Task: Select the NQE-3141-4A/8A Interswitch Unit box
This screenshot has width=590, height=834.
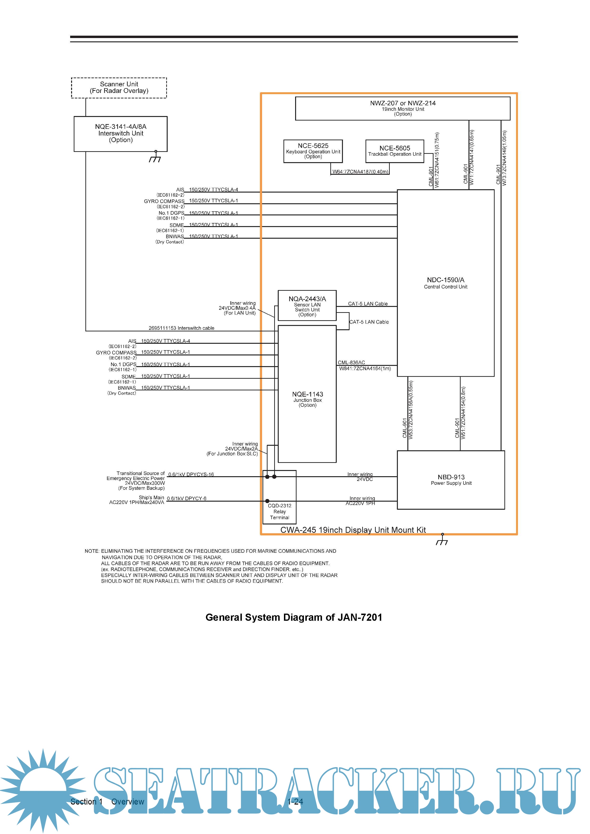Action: coord(120,133)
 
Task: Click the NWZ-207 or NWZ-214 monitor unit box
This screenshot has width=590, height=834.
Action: coord(403,108)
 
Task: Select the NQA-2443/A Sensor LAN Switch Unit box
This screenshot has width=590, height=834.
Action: coord(307,305)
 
